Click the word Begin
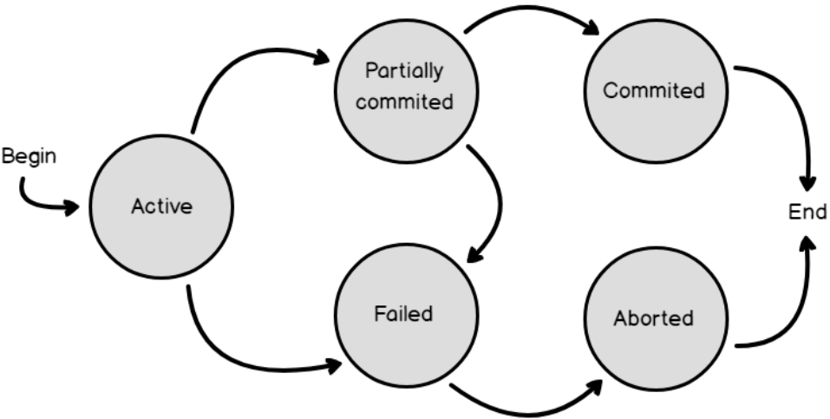tap(29, 157)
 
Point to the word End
tap(807, 212)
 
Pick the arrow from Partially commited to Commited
tap(529, 10)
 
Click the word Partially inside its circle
tap(404, 70)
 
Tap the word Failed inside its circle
tap(404, 313)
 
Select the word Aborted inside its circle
tap(653, 318)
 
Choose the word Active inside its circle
tap(161, 206)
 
